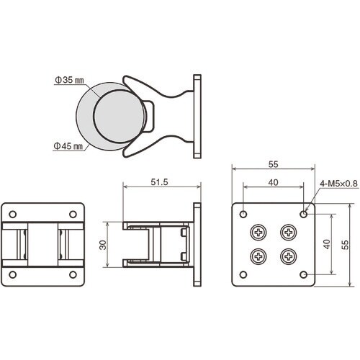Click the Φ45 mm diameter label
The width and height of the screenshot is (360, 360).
click(x=68, y=145)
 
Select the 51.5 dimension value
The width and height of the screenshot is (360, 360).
click(x=159, y=183)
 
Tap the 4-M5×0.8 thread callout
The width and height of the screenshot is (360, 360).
click(x=338, y=184)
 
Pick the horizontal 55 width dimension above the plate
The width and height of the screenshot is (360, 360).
click(x=274, y=164)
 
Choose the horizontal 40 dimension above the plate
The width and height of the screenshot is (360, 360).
click(x=274, y=183)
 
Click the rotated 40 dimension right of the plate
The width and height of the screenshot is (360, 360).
click(x=327, y=245)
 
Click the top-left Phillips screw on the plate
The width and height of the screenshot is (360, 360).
click(x=258, y=232)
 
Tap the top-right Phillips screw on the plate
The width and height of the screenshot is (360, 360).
click(x=289, y=232)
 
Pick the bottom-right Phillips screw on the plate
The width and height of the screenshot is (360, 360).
click(x=289, y=257)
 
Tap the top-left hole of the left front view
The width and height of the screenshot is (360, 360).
click(x=13, y=214)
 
